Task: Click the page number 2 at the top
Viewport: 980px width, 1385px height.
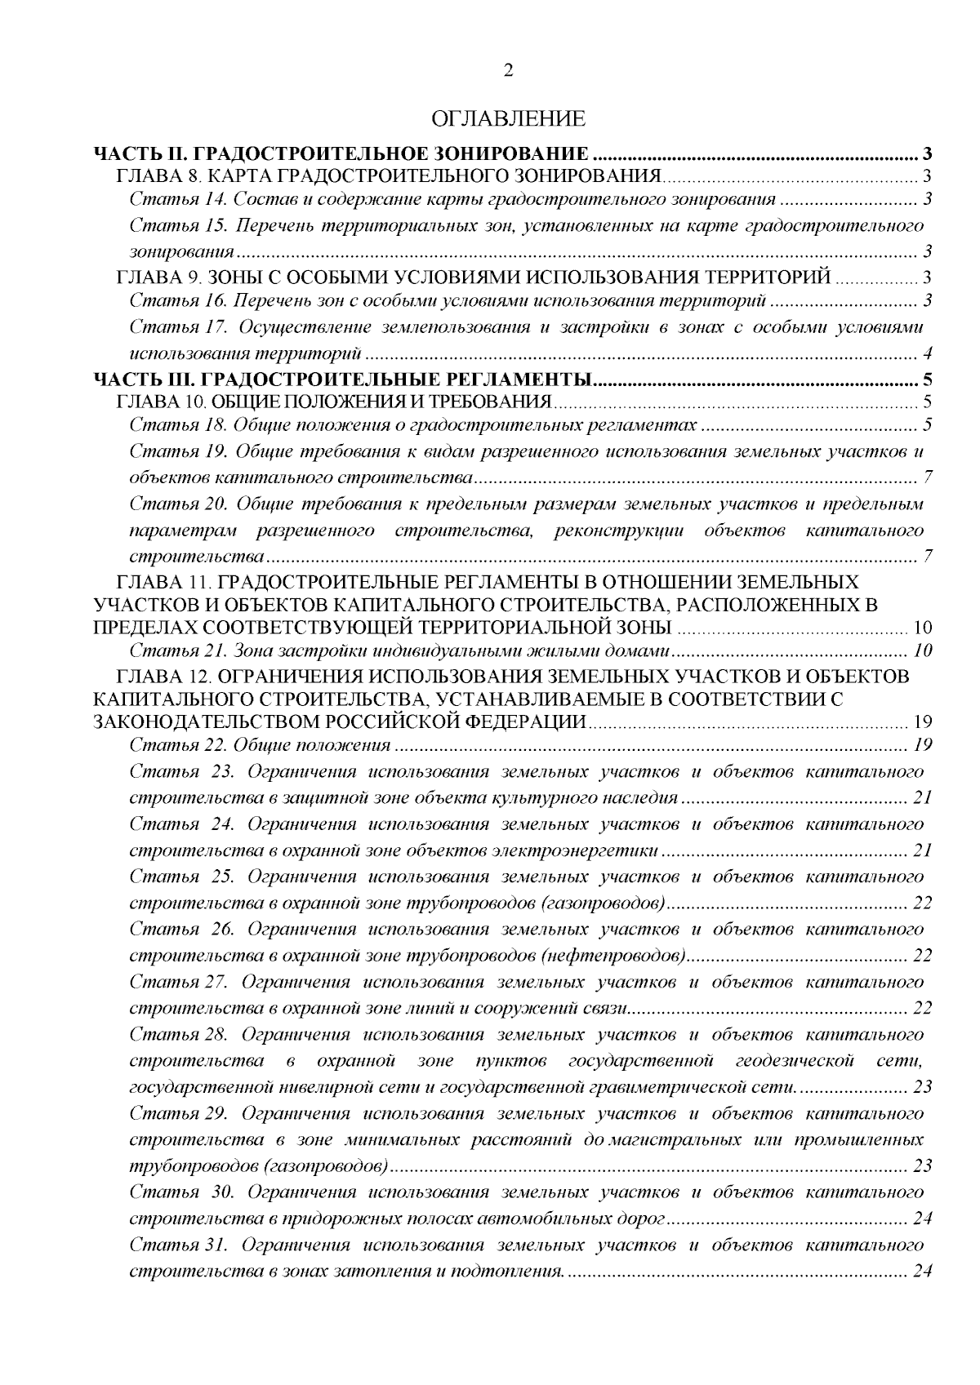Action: (508, 71)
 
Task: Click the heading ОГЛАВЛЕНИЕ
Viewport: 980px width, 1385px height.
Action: (508, 119)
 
